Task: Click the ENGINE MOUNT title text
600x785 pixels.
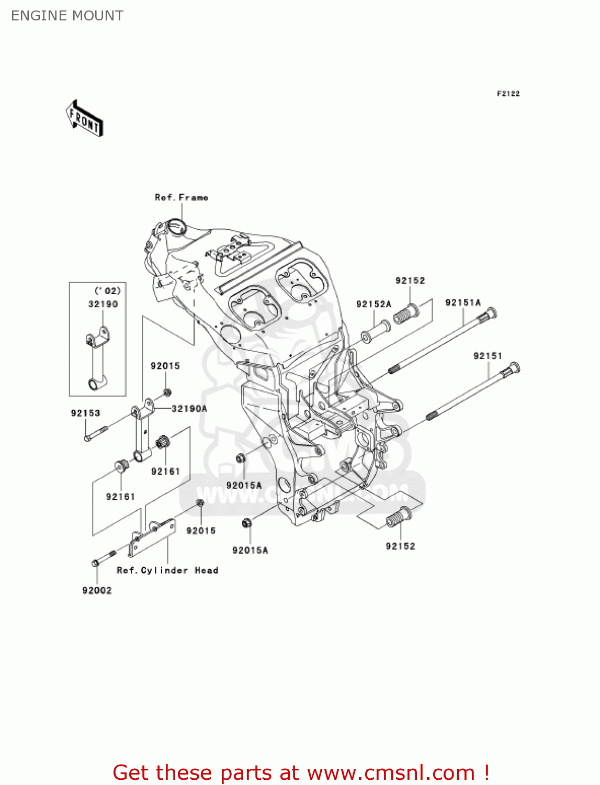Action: (x=67, y=16)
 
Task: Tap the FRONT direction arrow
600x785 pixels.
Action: (x=84, y=119)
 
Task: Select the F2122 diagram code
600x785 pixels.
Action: (x=508, y=94)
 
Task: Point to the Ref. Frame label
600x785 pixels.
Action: (x=181, y=197)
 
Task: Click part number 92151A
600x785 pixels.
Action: (x=462, y=302)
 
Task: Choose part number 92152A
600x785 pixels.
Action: (x=373, y=304)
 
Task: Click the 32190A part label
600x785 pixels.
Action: (x=189, y=409)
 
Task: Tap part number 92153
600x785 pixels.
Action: (x=85, y=413)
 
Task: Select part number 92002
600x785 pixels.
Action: (x=97, y=590)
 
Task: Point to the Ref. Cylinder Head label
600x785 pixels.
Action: (x=167, y=570)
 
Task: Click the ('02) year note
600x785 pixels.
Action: (x=107, y=291)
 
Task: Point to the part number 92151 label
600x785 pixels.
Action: (x=488, y=356)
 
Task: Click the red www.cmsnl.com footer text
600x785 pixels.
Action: (x=301, y=772)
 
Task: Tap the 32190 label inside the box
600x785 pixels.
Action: (x=103, y=304)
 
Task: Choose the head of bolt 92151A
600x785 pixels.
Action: (x=490, y=315)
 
